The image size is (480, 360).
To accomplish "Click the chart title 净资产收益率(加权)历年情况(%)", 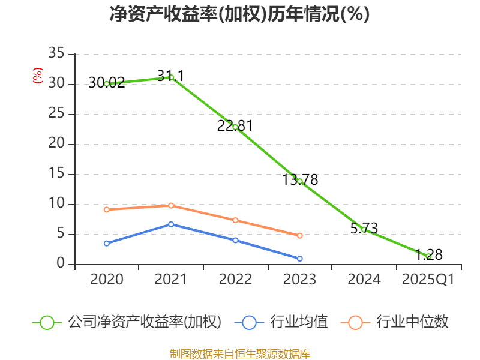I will (x=239, y=14).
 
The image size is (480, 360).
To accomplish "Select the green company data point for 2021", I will (x=171, y=77).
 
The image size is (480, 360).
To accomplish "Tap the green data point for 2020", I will (x=107, y=84).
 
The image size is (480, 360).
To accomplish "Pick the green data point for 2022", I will (x=235, y=127).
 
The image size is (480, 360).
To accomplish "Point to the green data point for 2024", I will (x=364, y=229).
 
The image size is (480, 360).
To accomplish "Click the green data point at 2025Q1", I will (x=428, y=256).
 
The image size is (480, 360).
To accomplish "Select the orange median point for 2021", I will (x=171, y=205).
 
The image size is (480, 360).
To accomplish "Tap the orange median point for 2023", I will (x=299, y=235).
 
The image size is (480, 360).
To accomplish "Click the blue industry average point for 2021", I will (x=171, y=224).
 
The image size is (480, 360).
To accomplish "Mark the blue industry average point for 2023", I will (x=299, y=259).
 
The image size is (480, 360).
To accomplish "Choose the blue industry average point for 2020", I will (x=107, y=243).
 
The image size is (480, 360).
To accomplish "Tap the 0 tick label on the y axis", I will (x=61, y=264).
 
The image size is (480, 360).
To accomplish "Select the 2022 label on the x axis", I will (x=235, y=280).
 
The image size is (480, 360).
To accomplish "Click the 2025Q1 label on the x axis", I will (x=428, y=280).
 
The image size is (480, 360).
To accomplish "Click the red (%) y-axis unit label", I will (x=38, y=76).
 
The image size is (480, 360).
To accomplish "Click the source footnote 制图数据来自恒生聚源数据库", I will (x=239, y=353).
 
